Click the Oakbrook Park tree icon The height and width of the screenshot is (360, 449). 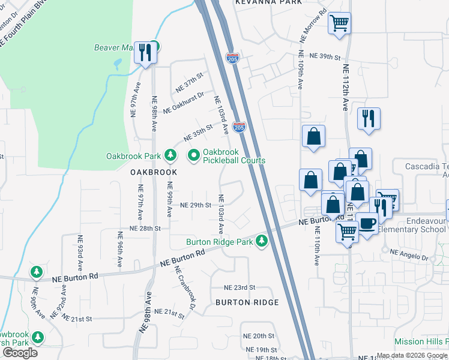[170, 156]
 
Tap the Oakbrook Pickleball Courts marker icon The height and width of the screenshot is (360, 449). [193, 156]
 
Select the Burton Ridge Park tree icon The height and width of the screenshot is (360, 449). [261, 242]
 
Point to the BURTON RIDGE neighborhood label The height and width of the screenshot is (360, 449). [247, 302]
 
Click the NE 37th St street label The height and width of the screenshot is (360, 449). [190, 83]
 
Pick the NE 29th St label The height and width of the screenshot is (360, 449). [196, 205]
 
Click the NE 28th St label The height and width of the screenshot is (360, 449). [146, 229]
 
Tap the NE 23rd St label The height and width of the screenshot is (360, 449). [240, 288]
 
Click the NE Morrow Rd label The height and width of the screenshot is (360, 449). [313, 25]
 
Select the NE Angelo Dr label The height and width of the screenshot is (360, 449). [408, 257]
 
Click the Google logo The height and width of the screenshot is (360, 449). [19, 353]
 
